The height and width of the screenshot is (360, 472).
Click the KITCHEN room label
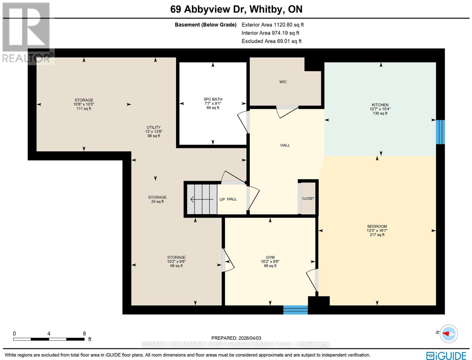coord(380,105)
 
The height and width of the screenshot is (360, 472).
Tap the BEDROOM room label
coord(377,226)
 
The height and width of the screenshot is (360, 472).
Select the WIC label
coord(283,82)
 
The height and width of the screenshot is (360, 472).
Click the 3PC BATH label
coord(213,99)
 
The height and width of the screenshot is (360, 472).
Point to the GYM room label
coord(270,257)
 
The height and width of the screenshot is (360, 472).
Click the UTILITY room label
coord(154,127)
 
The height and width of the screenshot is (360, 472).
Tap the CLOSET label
coord(308,199)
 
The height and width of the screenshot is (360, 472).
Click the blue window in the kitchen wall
coord(440,132)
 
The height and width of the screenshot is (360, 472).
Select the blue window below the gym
coord(295,310)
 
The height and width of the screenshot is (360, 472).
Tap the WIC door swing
coord(286,111)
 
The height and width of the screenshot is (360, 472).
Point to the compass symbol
coord(449,334)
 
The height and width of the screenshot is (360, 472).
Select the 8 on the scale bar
coord(84,334)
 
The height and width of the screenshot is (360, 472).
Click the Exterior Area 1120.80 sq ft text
coord(273,25)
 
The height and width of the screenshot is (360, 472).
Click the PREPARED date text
coord(236,338)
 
